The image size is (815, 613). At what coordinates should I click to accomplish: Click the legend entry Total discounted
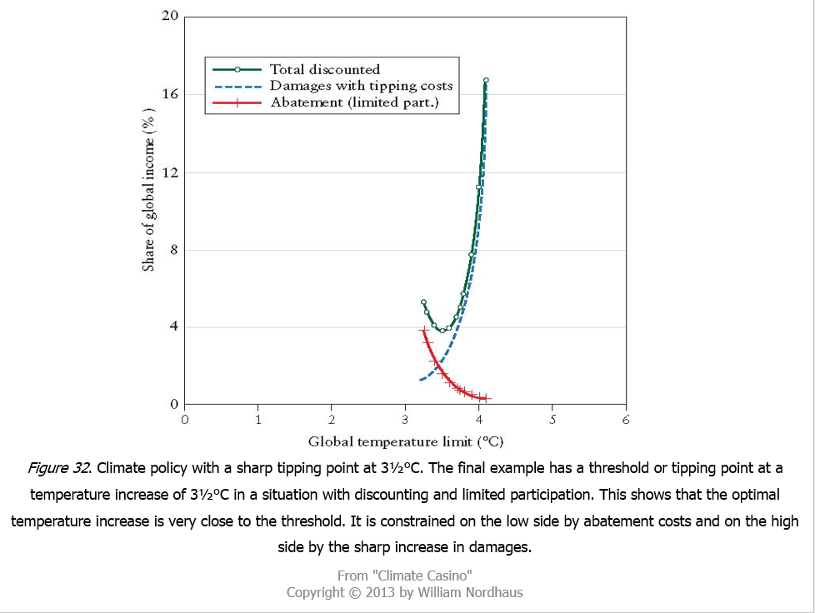pyautogui.click(x=324, y=70)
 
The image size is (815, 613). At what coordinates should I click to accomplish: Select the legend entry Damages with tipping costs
pyautogui.click(x=361, y=86)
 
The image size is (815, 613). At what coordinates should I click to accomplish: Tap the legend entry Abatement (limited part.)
pyautogui.click(x=353, y=102)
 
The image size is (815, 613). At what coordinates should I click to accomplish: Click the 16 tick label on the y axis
pyautogui.click(x=170, y=94)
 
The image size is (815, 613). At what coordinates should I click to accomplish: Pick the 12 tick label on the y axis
pyautogui.click(x=170, y=172)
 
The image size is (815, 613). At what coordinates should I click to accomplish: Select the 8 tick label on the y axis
pyautogui.click(x=173, y=250)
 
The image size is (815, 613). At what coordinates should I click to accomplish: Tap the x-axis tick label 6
pyautogui.click(x=625, y=420)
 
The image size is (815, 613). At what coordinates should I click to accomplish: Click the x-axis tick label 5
pyautogui.click(x=552, y=420)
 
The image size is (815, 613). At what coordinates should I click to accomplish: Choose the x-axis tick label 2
pyautogui.click(x=332, y=420)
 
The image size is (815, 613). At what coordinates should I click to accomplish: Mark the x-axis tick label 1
pyautogui.click(x=258, y=420)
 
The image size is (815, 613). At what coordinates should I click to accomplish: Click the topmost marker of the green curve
pyautogui.click(x=486, y=81)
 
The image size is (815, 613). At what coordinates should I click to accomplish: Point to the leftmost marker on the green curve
pyautogui.click(x=423, y=302)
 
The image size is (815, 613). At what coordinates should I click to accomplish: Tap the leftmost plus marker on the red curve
pyautogui.click(x=422, y=331)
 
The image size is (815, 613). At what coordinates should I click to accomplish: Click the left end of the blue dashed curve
pyautogui.click(x=421, y=380)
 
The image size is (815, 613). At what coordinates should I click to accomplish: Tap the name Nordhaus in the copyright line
pyautogui.click(x=492, y=592)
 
